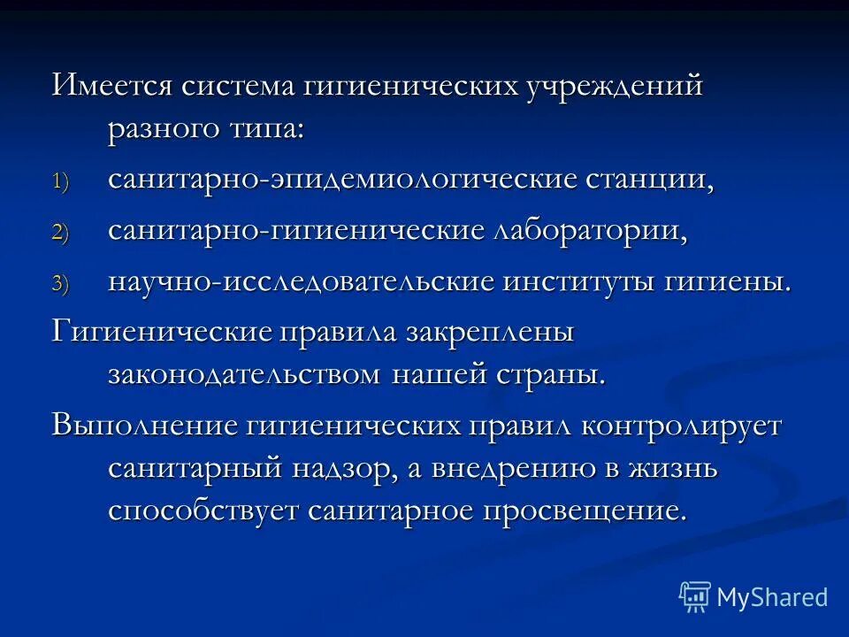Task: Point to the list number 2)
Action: coord(58,234)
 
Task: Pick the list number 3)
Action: coord(58,284)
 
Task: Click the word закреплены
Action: coord(490,334)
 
